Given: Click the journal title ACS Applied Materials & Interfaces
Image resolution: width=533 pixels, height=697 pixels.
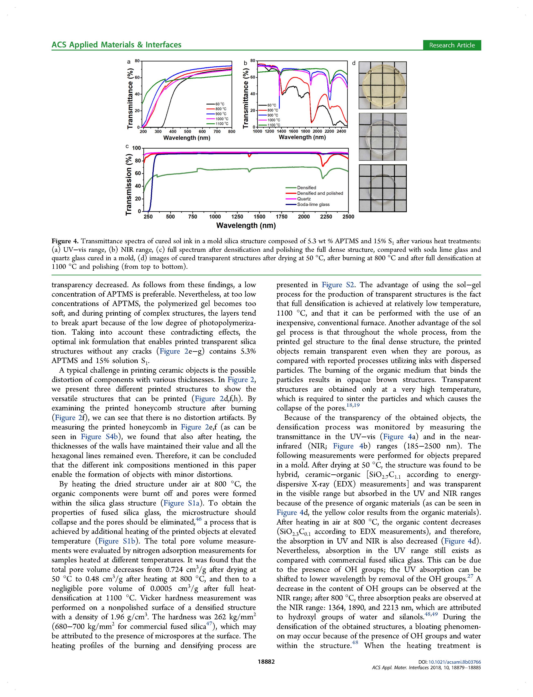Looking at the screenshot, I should [x=116, y=45].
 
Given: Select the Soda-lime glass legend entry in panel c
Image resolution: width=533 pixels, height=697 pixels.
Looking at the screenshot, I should [x=313, y=205].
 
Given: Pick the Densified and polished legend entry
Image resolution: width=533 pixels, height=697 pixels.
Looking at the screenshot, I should [x=320, y=193].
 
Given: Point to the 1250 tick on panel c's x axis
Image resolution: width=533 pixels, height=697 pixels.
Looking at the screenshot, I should [x=237, y=217].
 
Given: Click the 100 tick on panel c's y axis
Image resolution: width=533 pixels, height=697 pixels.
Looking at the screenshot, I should [x=136, y=148].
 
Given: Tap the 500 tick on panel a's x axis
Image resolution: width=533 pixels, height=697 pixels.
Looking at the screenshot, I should [x=188, y=132].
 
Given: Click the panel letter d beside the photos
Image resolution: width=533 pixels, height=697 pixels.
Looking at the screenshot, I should [x=354, y=63].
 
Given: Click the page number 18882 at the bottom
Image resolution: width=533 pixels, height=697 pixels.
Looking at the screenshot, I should [x=266, y=662].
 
